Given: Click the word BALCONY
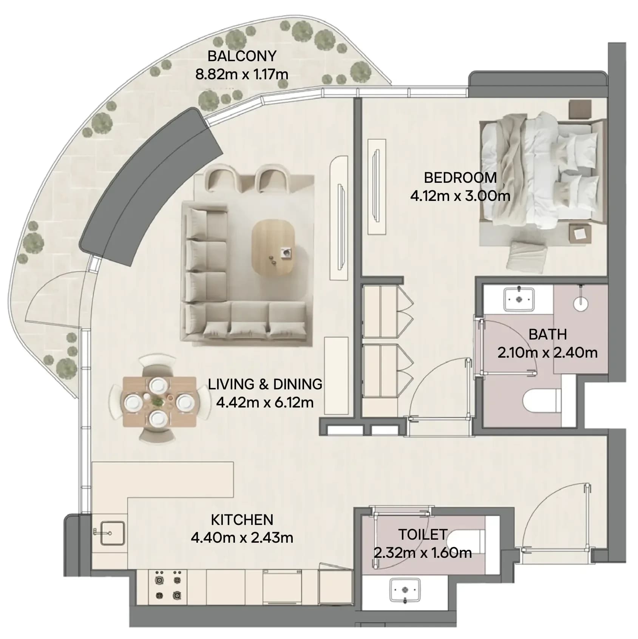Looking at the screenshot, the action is pos(242,56).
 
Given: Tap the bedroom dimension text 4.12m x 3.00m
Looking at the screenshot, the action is pos(460,196).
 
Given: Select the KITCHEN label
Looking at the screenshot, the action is pos(242,520).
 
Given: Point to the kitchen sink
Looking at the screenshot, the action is pos(112,532).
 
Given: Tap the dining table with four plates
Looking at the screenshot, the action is pos(159,401).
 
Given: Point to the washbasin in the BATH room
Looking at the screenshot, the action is pos(519,299).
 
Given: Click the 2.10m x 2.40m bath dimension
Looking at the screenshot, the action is pos(547,353).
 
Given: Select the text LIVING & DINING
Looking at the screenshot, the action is pos(265,384).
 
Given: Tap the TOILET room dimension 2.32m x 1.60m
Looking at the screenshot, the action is pos(423,553).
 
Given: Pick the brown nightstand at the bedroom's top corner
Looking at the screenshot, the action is pos(580,110).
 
